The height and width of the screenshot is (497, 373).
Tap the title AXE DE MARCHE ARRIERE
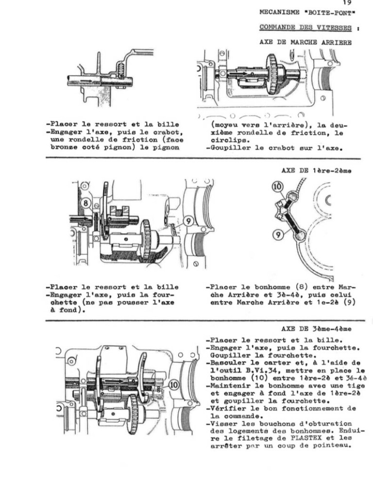coord(305,42)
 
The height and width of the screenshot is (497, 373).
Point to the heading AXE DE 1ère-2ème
coord(317,170)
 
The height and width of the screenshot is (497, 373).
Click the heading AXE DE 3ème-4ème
coord(316,329)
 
